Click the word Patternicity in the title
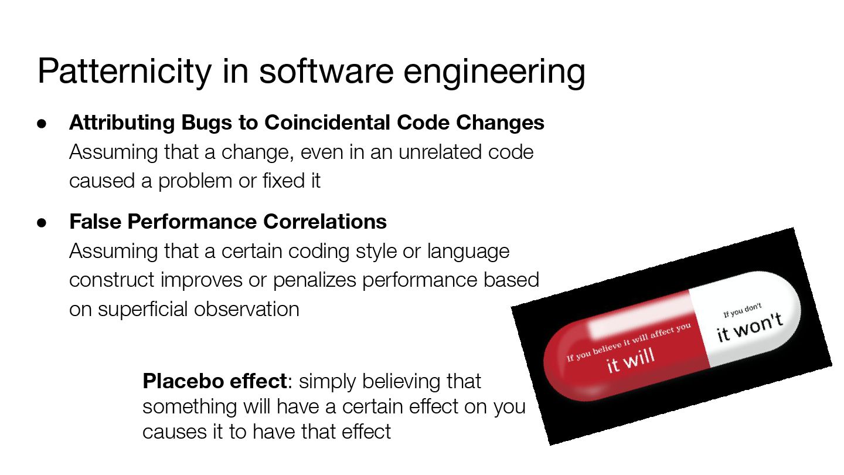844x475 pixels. pyautogui.click(x=124, y=72)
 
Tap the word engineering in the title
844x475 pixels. pyautogui.click(x=494, y=72)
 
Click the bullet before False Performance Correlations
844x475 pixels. pyautogui.click(x=42, y=223)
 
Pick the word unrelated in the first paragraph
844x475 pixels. pyautogui.click(x=440, y=152)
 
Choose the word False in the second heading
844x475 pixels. pyautogui.click(x=96, y=221)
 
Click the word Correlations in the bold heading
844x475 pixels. pyautogui.click(x=325, y=221)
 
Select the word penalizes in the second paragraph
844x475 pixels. pyautogui.click(x=315, y=280)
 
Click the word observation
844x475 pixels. pyautogui.click(x=246, y=310)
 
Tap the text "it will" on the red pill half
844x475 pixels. pyautogui.click(x=631, y=360)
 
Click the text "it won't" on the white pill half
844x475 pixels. pyautogui.click(x=750, y=327)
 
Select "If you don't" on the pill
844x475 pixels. pyautogui.click(x=742, y=310)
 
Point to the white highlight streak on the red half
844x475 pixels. pyautogui.click(x=641, y=315)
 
